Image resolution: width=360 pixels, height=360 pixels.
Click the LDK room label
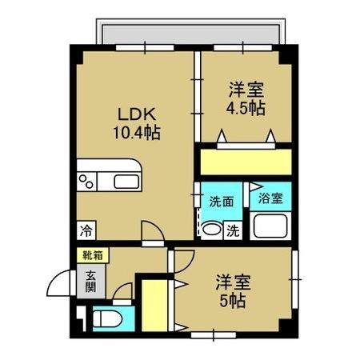coord(129,114)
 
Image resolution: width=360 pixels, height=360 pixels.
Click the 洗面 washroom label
coord(222,202)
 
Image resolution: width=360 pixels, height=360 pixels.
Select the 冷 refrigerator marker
coord(85,230)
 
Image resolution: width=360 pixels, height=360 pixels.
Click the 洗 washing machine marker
coord(232,230)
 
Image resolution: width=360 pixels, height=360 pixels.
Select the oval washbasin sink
coord(211,230)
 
